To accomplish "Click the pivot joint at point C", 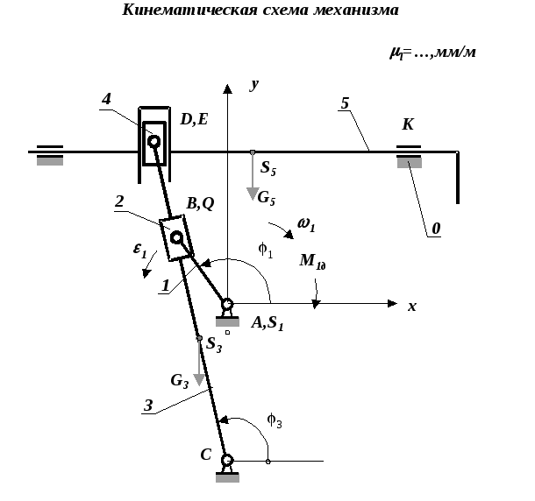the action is [x=227, y=460].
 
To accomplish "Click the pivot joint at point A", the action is [x=227, y=303].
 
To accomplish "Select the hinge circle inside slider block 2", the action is [x=176, y=237].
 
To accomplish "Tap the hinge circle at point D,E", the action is [x=153, y=141].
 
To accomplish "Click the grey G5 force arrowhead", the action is [x=253, y=194].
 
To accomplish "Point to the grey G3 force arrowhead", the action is [x=199, y=379].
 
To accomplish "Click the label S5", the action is [x=268, y=168].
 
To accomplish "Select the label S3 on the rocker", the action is [x=214, y=344].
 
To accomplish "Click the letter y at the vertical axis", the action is [x=254, y=85].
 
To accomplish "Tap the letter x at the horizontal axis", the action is [x=412, y=307].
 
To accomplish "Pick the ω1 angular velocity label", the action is [x=306, y=224].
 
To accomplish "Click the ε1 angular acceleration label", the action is [x=140, y=250].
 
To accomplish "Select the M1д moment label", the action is [x=313, y=262].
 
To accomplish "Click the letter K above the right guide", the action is [x=408, y=124].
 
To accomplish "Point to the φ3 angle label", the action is [x=275, y=420].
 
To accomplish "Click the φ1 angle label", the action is [x=266, y=250].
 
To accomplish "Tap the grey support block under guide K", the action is [x=410, y=163].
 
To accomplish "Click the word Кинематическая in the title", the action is [x=189, y=10].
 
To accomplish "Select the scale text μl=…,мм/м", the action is [x=432, y=53].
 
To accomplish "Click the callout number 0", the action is [x=436, y=229].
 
